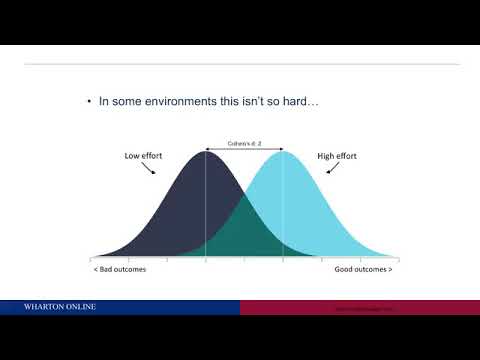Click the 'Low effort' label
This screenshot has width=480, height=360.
tap(144, 156)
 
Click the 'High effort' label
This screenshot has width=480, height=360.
tap(337, 156)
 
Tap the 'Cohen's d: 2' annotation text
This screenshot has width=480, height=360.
tap(244, 143)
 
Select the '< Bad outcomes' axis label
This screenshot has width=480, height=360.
tap(114, 270)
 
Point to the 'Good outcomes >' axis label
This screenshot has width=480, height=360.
tap(363, 270)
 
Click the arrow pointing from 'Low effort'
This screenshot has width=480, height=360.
tap(152, 168)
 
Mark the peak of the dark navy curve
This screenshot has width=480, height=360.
tap(206, 152)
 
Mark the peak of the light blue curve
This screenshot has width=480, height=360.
tap(283, 152)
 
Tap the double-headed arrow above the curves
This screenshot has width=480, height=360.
tap(244, 150)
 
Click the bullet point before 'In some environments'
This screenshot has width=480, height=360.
tap(89, 101)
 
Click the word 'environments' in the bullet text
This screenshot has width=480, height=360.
tap(177, 101)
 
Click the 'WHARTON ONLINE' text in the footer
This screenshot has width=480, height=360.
tap(60, 307)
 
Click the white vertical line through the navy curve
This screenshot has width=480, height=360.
tap(206, 210)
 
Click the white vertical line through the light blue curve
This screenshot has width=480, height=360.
tap(283, 210)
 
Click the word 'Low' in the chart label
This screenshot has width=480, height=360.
tap(133, 156)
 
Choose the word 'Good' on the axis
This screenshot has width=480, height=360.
tap(346, 270)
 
